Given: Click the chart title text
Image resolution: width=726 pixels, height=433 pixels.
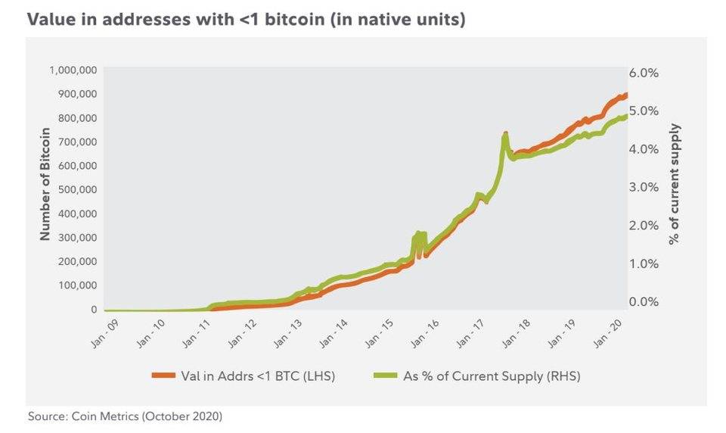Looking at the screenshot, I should tap(247, 20).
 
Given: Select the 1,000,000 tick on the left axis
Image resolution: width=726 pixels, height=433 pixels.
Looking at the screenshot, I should tap(74, 70).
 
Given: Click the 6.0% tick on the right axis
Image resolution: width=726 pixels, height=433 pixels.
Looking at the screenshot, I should tap(644, 73).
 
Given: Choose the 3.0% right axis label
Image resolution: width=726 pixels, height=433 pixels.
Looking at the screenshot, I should tap(644, 187).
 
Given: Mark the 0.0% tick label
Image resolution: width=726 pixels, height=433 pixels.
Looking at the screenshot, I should tap(644, 301).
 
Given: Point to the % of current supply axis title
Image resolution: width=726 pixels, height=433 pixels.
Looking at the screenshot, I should tap(675, 185).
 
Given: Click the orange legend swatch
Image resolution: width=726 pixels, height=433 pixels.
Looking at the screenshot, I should tap(162, 375).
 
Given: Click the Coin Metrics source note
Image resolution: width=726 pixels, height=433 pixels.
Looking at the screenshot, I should tap(126, 416).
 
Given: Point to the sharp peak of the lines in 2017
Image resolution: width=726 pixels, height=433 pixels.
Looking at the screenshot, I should tap(504, 136).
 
